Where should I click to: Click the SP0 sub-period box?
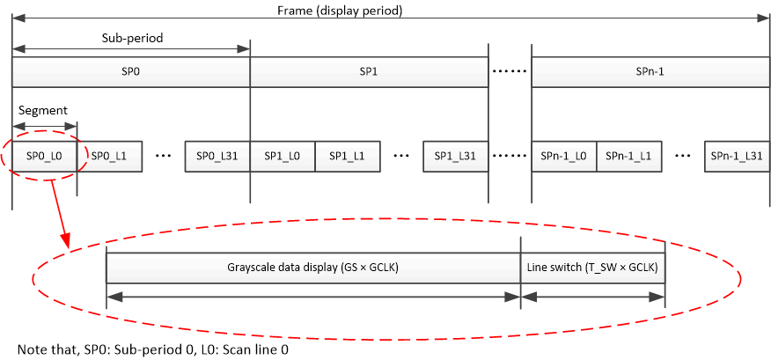pyautogui.click(x=131, y=70)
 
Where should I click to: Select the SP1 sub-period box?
pyautogui.click(x=369, y=70)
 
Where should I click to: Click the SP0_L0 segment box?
pyautogui.click(x=44, y=155)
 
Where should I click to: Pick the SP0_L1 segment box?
pyautogui.click(x=109, y=155)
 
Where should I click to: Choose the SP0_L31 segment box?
pyautogui.click(x=217, y=155)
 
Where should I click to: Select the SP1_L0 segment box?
pyautogui.click(x=283, y=155)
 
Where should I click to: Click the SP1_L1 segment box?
pyautogui.click(x=347, y=155)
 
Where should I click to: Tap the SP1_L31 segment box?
pyautogui.click(x=455, y=155)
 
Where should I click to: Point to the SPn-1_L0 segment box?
pyautogui.click(x=564, y=155)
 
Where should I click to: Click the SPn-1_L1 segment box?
pyautogui.click(x=628, y=155)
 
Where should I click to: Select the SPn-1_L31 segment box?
pyautogui.click(x=737, y=155)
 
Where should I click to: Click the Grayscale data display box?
pyautogui.click(x=313, y=267)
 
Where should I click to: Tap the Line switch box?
pyautogui.click(x=592, y=267)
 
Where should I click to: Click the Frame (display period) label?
pyautogui.click(x=390, y=11)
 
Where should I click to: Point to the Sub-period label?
pyautogui.click(x=132, y=40)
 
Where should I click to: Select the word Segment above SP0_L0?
pyautogui.click(x=42, y=111)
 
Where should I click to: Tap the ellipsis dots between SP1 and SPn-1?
pyautogui.click(x=510, y=70)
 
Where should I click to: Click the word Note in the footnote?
pyautogui.click(x=32, y=349)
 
